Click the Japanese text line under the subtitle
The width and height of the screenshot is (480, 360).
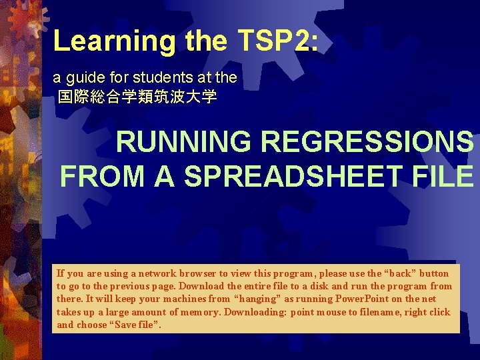pyautogui.click(x=137, y=97)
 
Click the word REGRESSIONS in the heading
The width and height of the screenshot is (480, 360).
pyautogui.click(x=367, y=142)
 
